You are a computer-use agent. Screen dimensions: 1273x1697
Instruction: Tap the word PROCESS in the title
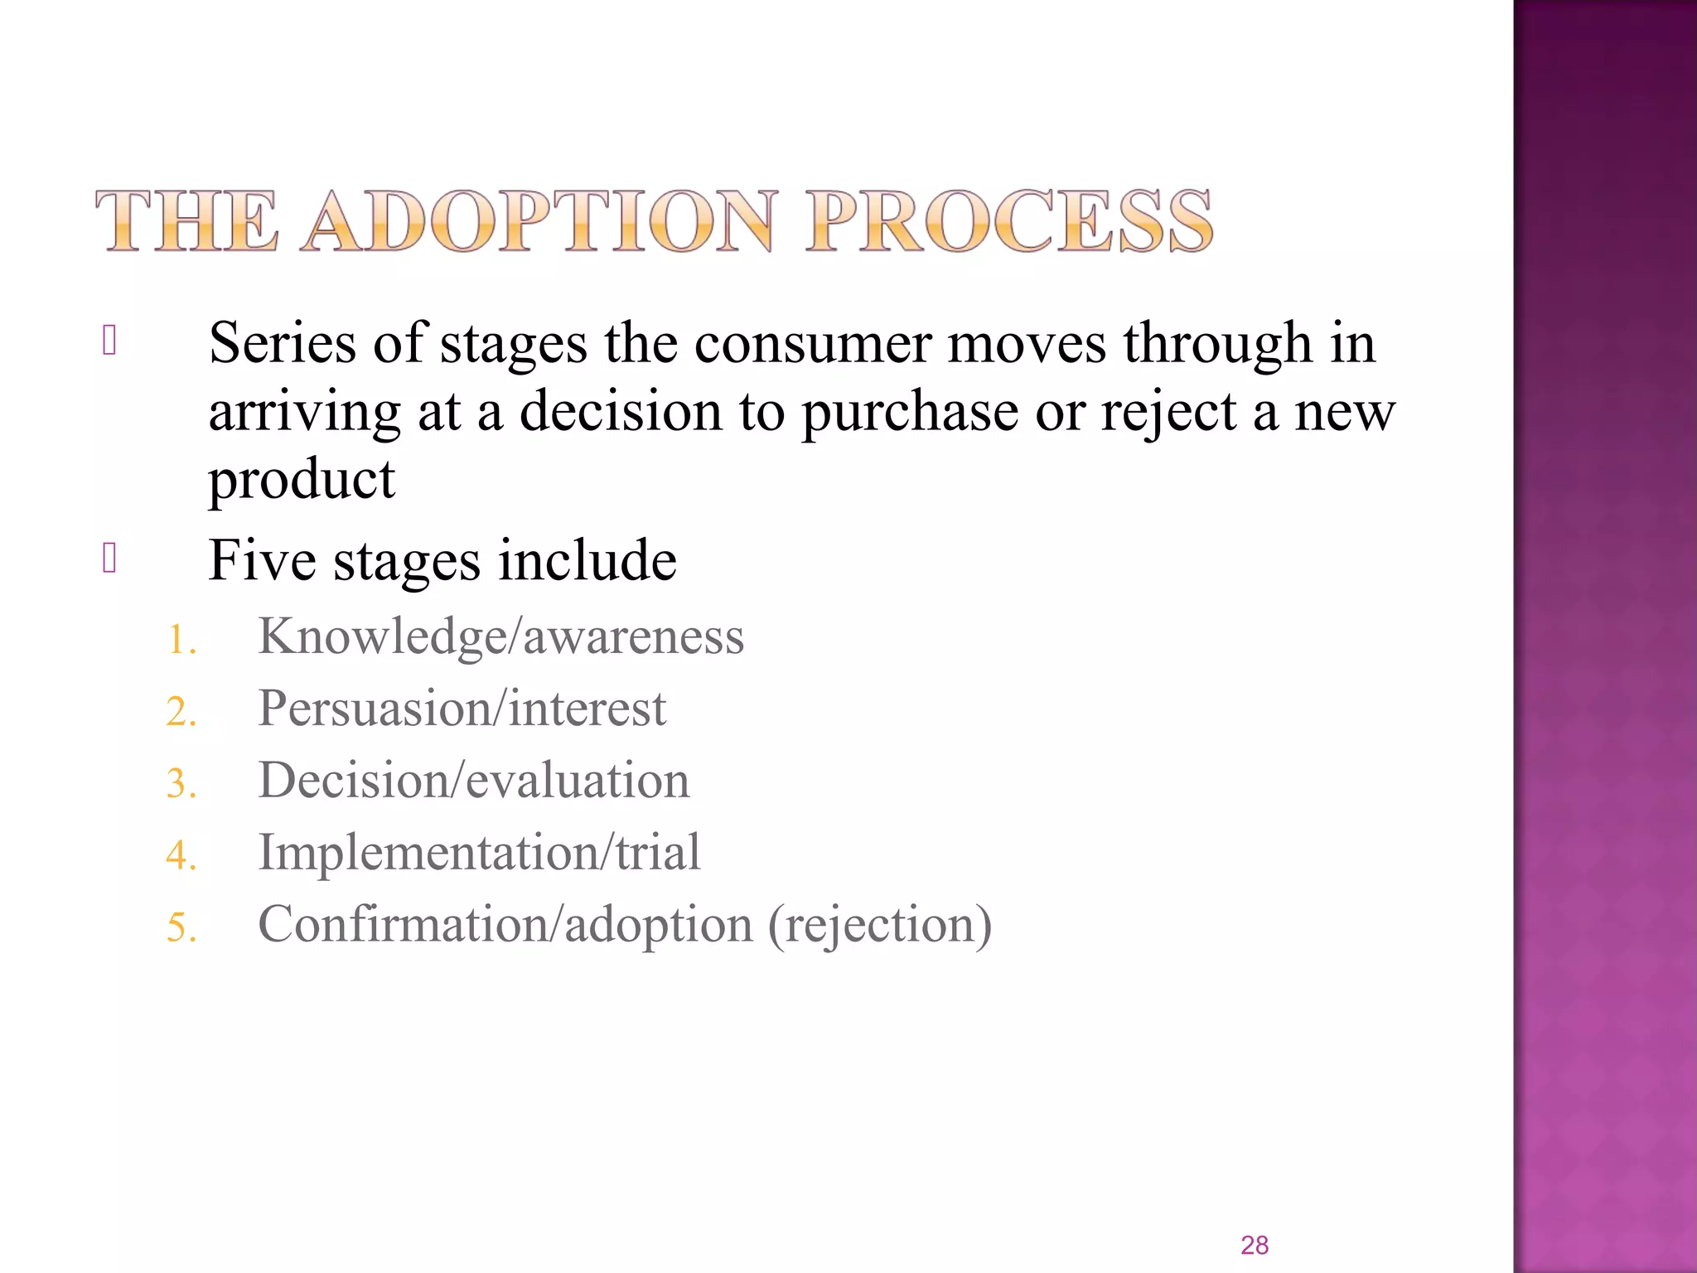click(x=1009, y=221)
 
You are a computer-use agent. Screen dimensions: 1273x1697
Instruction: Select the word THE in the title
click(x=187, y=221)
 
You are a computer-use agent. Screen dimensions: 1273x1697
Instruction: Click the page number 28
click(x=1255, y=1245)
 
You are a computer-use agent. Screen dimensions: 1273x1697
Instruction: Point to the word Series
click(x=283, y=343)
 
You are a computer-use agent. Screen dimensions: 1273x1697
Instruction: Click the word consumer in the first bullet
click(x=812, y=343)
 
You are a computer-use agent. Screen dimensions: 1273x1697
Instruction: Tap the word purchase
click(x=910, y=412)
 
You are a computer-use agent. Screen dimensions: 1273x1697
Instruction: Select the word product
click(x=302, y=480)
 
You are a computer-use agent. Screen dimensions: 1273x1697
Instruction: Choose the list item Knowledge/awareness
click(x=501, y=636)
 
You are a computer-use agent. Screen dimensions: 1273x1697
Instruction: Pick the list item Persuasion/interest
click(x=462, y=709)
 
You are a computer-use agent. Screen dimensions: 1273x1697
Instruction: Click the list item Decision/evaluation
click(x=474, y=781)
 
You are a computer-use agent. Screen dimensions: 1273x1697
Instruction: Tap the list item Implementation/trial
click(x=480, y=852)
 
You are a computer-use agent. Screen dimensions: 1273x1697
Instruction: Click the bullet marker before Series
click(x=109, y=341)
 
